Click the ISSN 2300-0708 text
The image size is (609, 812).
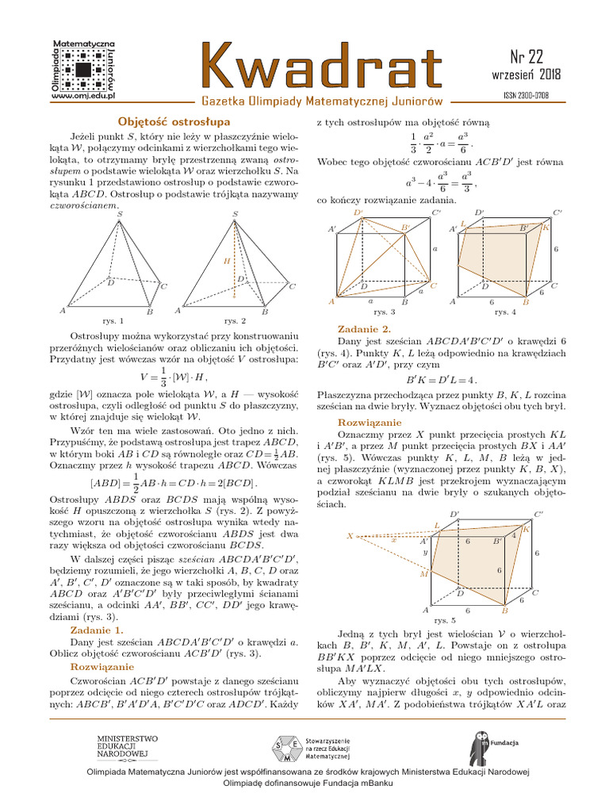click(x=527, y=95)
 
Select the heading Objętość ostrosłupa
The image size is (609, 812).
click(x=174, y=121)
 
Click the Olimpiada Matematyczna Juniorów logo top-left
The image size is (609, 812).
click(x=83, y=70)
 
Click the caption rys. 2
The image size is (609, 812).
click(x=235, y=321)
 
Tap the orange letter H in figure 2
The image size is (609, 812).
click(x=226, y=261)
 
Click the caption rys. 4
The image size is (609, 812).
click(x=505, y=312)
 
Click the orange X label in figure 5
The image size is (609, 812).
click(x=349, y=536)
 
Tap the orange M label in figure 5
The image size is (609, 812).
click(x=423, y=573)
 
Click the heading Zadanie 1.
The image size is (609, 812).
click(x=95, y=630)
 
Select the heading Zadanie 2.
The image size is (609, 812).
click(x=364, y=328)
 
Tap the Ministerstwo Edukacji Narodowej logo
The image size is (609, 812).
click(x=127, y=746)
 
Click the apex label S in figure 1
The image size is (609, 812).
click(x=120, y=214)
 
